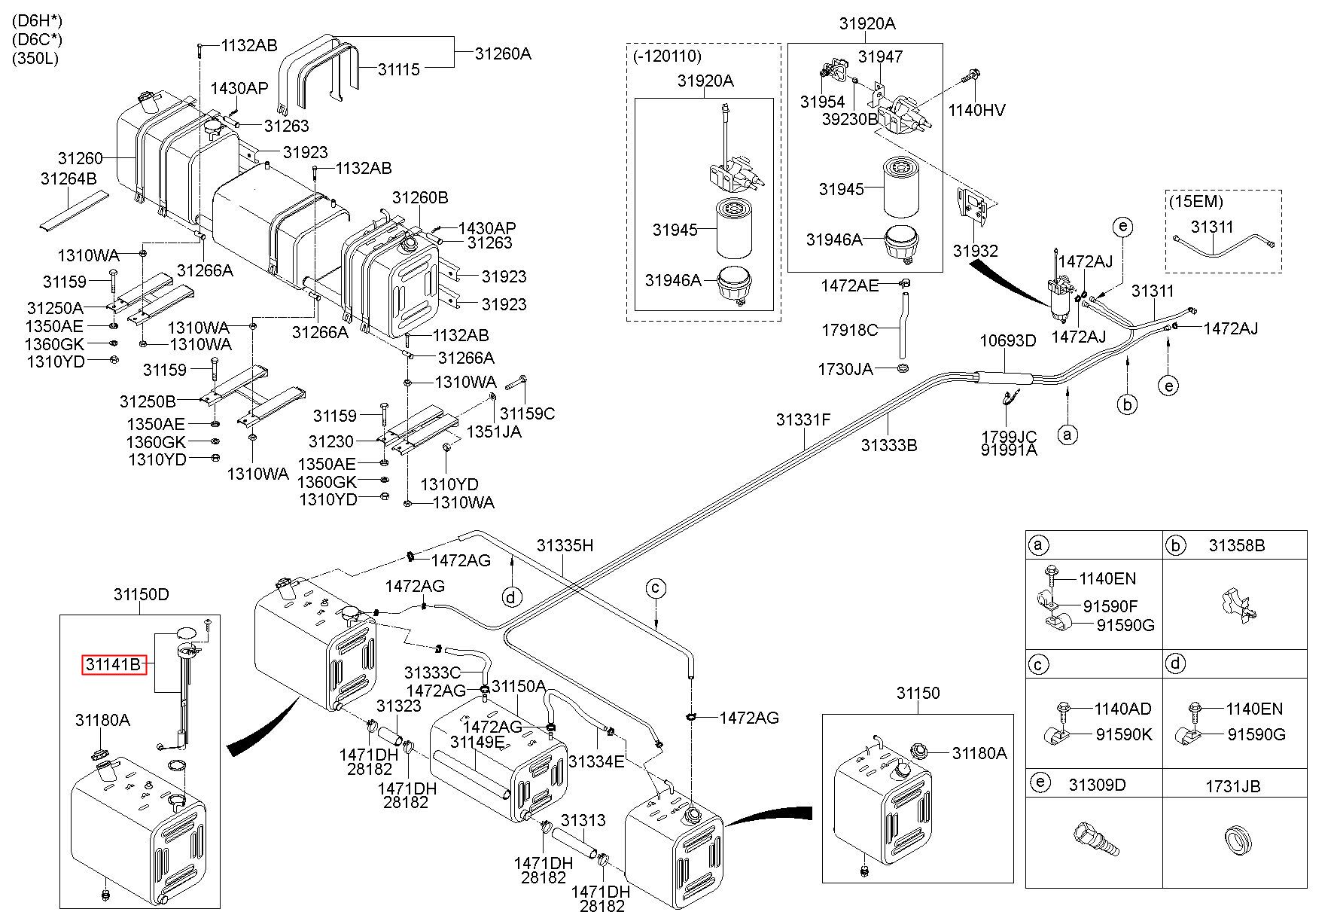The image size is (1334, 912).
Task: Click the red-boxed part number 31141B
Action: coord(114,665)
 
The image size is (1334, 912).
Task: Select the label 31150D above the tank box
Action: coord(142,595)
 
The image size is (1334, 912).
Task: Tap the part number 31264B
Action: coord(69,178)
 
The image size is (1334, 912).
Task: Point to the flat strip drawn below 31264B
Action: coord(74,209)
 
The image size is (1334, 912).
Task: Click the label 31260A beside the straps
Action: coord(503,53)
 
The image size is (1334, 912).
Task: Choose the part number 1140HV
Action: coord(976,111)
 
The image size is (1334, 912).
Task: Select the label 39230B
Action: coord(850,119)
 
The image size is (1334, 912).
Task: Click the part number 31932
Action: coord(975,252)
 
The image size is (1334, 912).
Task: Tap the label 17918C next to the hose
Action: coord(849,330)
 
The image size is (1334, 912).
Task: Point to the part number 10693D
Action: coord(1007,340)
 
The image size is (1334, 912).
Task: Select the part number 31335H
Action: coord(565,545)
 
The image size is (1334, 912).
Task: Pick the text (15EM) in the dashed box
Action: coord(1195,202)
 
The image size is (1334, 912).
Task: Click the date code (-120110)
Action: coord(666,56)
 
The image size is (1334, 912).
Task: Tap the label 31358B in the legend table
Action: coord(1237,545)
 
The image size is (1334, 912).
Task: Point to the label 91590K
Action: coord(1124,734)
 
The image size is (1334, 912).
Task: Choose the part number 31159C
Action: coord(528,413)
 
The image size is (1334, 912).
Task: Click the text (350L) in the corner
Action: coord(35,59)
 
